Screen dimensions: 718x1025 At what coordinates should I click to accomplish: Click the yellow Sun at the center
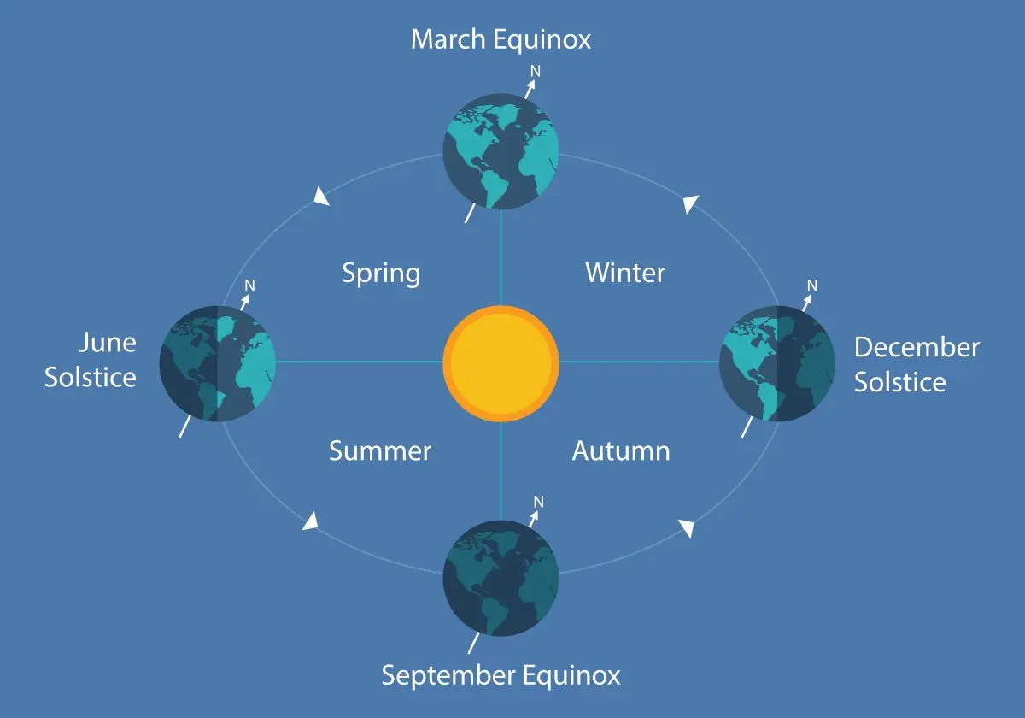[501, 362]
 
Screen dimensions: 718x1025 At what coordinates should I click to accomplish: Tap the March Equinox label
[501, 39]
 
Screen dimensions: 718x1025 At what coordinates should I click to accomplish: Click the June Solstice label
[91, 360]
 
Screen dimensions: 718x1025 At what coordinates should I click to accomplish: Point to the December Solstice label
[916, 364]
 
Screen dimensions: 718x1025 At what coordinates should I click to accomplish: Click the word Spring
[381, 274]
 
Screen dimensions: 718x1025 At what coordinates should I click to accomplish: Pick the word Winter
[625, 273]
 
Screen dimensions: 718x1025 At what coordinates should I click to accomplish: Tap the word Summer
[380, 450]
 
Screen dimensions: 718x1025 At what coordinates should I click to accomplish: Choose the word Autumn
[621, 450]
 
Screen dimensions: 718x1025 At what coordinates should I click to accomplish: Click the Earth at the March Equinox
[501, 152]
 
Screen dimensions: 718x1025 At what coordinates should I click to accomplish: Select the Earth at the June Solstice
[218, 364]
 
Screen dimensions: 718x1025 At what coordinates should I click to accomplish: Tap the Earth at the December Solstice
[777, 362]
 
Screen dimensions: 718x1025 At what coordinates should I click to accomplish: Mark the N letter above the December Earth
[812, 285]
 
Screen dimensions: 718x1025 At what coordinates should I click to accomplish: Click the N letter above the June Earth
[250, 285]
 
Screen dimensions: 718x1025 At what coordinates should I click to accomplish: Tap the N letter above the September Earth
[537, 501]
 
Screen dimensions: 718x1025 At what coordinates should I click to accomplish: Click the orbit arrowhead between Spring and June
[321, 197]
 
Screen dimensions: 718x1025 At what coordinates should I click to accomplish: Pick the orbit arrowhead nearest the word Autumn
[686, 527]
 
